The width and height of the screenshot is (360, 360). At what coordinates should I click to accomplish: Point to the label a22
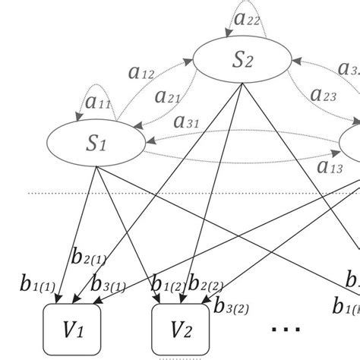[x=246, y=17]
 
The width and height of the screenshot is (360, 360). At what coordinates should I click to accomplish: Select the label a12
[x=141, y=73]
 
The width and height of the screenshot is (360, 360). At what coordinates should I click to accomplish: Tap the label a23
[x=324, y=95]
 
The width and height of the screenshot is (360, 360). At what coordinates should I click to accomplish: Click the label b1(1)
[x=36, y=286]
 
